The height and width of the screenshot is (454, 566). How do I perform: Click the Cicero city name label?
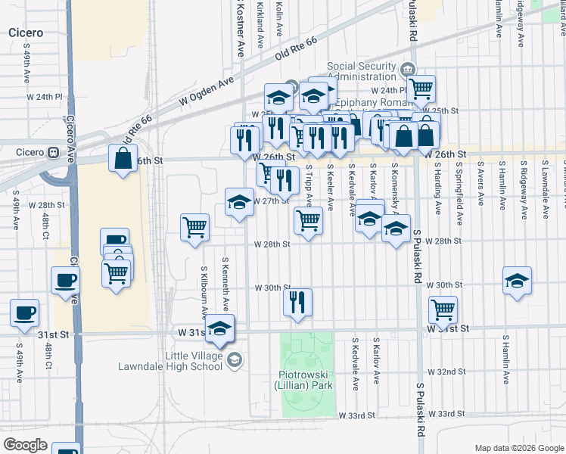pyautogui.click(x=25, y=33)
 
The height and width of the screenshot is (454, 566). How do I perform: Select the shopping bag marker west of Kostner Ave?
pyautogui.click(x=123, y=159)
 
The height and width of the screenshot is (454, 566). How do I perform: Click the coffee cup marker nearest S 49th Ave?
pyautogui.click(x=24, y=313)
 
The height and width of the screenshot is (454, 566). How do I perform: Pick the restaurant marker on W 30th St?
pyautogui.click(x=297, y=303)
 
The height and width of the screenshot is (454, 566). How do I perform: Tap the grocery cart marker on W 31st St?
pyautogui.click(x=443, y=309)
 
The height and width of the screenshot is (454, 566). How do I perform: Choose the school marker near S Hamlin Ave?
pyautogui.click(x=517, y=281)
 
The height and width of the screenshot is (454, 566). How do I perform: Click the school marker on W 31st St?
pyautogui.click(x=220, y=328)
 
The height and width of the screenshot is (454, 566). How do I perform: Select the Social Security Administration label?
pyautogui.click(x=362, y=72)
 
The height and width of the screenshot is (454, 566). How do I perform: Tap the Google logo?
pyautogui.click(x=25, y=444)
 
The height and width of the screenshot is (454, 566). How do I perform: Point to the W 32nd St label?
pyautogui.click(x=446, y=372)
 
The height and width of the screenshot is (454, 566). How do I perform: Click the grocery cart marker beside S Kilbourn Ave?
pyautogui.click(x=194, y=227)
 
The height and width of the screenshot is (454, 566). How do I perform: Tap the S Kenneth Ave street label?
pyautogui.click(x=225, y=284)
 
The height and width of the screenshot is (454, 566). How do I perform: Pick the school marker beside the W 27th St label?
pyautogui.click(x=240, y=202)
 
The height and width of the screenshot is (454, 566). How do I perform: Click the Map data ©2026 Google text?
pyautogui.click(x=518, y=448)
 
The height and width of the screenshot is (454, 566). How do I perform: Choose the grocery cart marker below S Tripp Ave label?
pyautogui.click(x=308, y=221)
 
